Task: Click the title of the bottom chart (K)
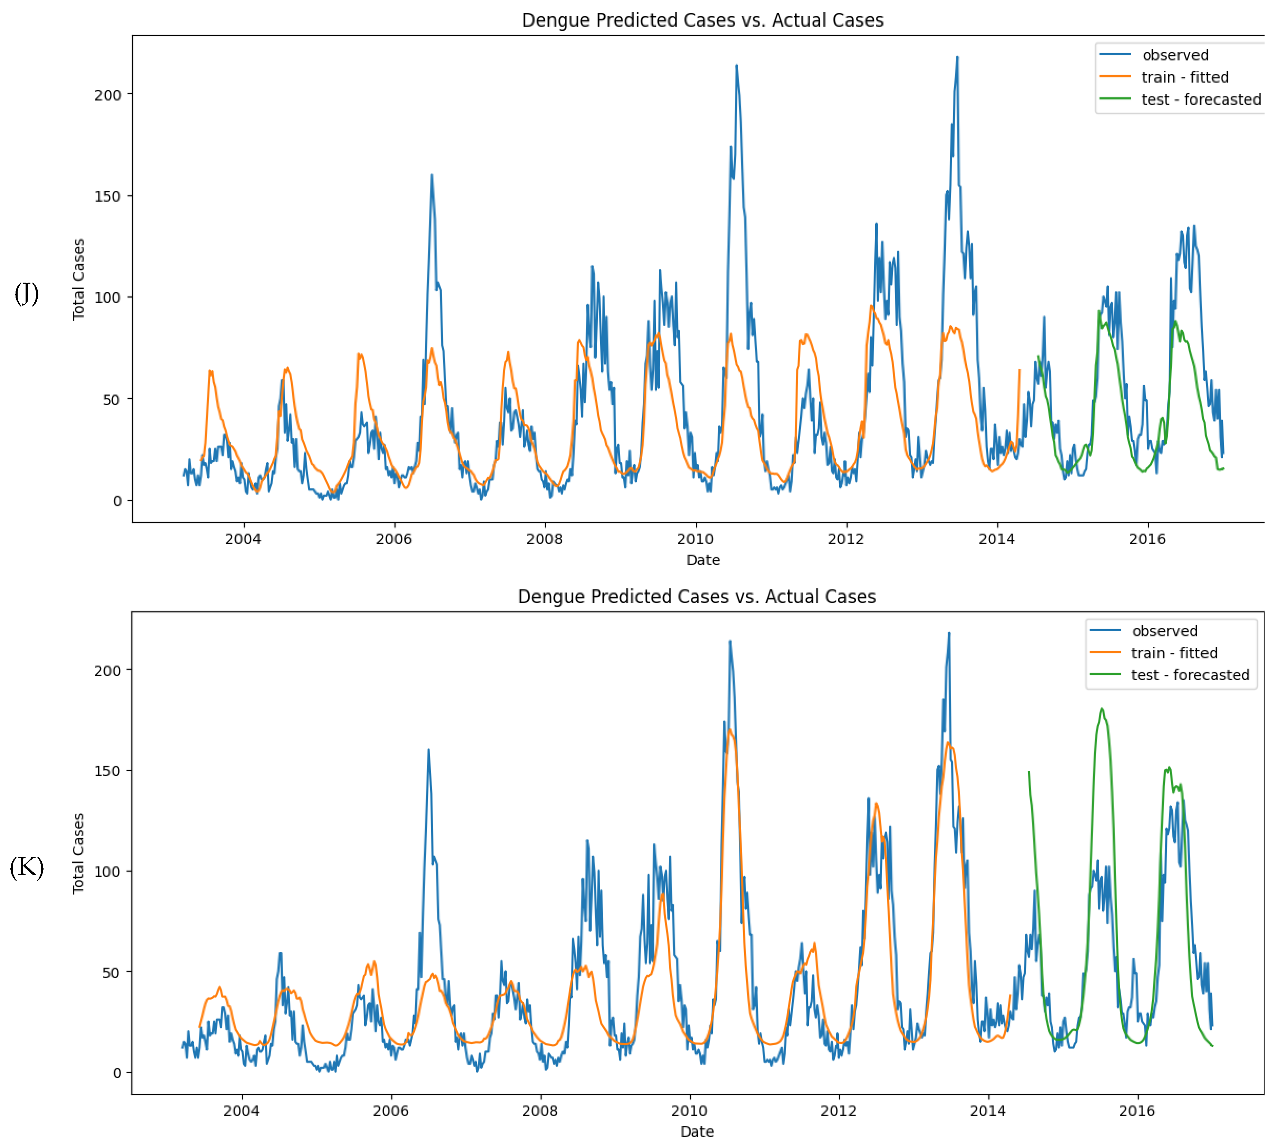click(x=697, y=596)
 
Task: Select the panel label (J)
click(x=27, y=293)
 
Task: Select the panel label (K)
click(x=27, y=867)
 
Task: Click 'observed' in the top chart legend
click(x=1175, y=55)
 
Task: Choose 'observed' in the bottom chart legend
click(x=1164, y=631)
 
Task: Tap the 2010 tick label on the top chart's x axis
click(x=695, y=539)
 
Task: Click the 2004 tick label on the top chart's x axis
click(x=243, y=539)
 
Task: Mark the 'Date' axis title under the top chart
click(x=703, y=560)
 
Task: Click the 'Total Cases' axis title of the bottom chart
click(x=78, y=853)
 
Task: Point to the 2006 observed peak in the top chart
click(x=432, y=175)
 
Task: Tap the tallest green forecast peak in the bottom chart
click(x=1101, y=709)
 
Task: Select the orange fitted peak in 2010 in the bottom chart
click(x=729, y=730)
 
